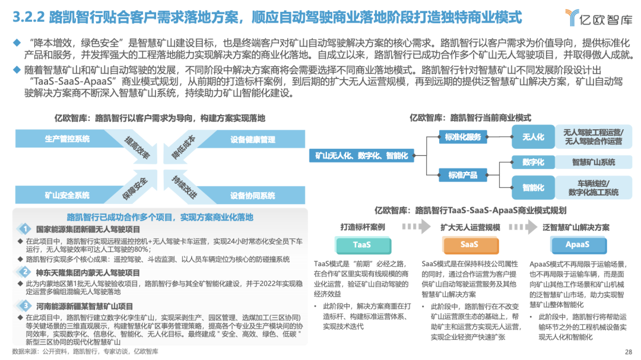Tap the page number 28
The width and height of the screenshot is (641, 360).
click(x=628, y=351)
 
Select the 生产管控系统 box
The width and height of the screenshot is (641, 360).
click(x=67, y=139)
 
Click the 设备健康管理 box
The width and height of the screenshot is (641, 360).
click(x=253, y=140)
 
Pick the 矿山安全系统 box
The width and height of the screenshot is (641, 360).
click(x=67, y=195)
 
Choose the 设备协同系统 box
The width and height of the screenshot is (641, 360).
click(x=253, y=195)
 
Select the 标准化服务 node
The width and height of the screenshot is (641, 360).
click(x=463, y=137)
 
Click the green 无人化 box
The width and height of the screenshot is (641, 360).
click(x=533, y=136)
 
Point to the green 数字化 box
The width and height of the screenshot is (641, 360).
click(x=533, y=162)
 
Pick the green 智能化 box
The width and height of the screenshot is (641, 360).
click(x=533, y=187)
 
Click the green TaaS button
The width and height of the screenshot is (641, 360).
click(x=362, y=244)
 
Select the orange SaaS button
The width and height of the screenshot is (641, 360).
click(x=469, y=244)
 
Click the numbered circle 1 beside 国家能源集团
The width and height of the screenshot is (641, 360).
click(x=25, y=229)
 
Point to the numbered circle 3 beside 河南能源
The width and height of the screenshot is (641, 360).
click(x=25, y=306)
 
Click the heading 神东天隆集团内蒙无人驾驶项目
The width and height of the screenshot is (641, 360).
click(x=88, y=273)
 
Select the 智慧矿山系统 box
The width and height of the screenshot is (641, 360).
click(x=594, y=162)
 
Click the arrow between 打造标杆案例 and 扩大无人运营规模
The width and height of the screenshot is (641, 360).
click(x=413, y=227)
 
